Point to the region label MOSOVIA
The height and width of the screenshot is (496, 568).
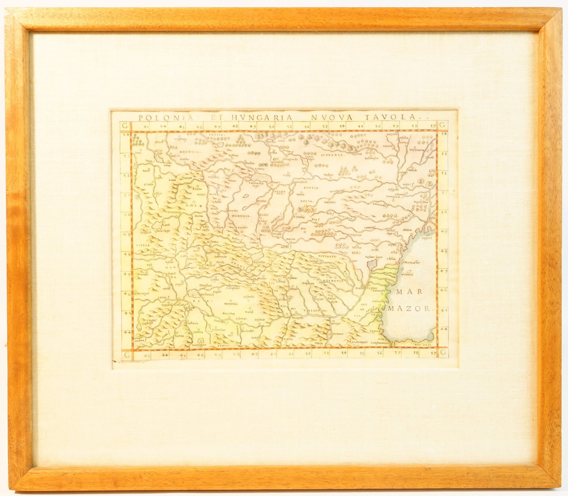click(190, 152)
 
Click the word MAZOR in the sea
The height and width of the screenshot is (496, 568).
click(409, 308)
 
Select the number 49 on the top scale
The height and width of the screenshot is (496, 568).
click(253, 126)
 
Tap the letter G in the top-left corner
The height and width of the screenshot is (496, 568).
click(124, 125)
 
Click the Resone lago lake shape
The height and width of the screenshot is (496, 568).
click(372, 263)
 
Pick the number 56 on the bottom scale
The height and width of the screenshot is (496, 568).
click(380, 353)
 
